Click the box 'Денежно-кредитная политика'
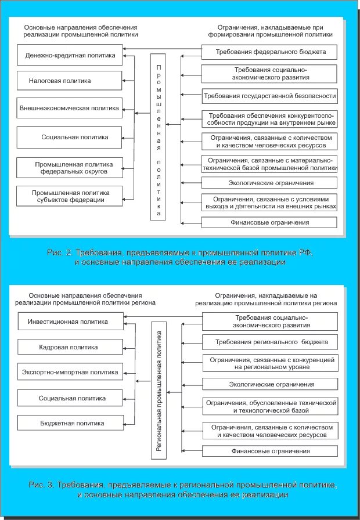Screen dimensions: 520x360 tap(70, 56)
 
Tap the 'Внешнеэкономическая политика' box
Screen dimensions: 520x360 tap(69, 108)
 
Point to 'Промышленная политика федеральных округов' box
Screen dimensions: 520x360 tap(70, 168)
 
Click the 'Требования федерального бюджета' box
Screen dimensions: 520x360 tap(269, 52)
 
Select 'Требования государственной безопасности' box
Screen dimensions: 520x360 tap(269, 96)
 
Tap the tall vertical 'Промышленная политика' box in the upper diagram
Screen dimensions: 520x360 tap(159, 137)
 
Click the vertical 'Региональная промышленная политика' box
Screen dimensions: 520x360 tap(159, 389)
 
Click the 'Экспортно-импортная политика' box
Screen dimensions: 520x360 tap(70, 372)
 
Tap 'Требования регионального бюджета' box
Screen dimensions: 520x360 tap(269, 342)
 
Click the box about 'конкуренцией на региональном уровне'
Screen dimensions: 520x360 tap(269, 363)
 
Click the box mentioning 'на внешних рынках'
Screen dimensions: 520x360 tap(269, 201)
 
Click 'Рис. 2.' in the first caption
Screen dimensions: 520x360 tap(59, 252)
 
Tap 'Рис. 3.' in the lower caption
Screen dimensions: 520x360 tap(41, 484)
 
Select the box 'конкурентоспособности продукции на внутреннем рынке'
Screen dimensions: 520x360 tap(269, 119)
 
